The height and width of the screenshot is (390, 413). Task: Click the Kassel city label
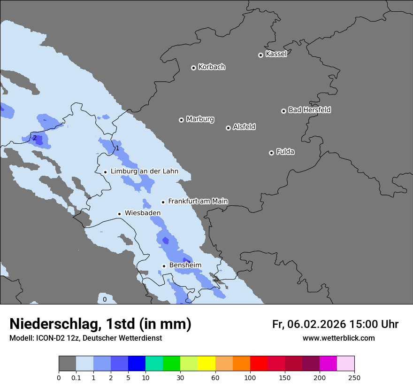276,54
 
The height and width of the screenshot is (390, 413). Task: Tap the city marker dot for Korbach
193,68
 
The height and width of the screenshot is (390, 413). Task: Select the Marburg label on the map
200,119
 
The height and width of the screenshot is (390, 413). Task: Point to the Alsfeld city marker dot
228,128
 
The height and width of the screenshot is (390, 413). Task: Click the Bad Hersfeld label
309,110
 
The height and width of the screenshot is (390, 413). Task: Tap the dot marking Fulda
271,153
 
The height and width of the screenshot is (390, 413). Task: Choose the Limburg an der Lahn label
144,172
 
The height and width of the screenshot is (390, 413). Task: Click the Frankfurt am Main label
198,201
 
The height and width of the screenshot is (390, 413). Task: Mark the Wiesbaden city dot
120,214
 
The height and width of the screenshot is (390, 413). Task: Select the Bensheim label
185,265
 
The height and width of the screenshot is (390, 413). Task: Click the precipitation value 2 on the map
34,138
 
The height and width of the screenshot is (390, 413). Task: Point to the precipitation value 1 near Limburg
117,148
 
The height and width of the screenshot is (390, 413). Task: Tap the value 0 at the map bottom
105,299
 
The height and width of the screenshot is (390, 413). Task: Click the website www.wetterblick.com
338,338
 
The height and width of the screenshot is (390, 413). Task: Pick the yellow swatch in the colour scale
206,364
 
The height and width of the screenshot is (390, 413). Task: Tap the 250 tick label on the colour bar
354,377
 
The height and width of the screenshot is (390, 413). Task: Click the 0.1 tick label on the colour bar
76,377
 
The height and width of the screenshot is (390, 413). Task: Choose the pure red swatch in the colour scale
259,364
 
